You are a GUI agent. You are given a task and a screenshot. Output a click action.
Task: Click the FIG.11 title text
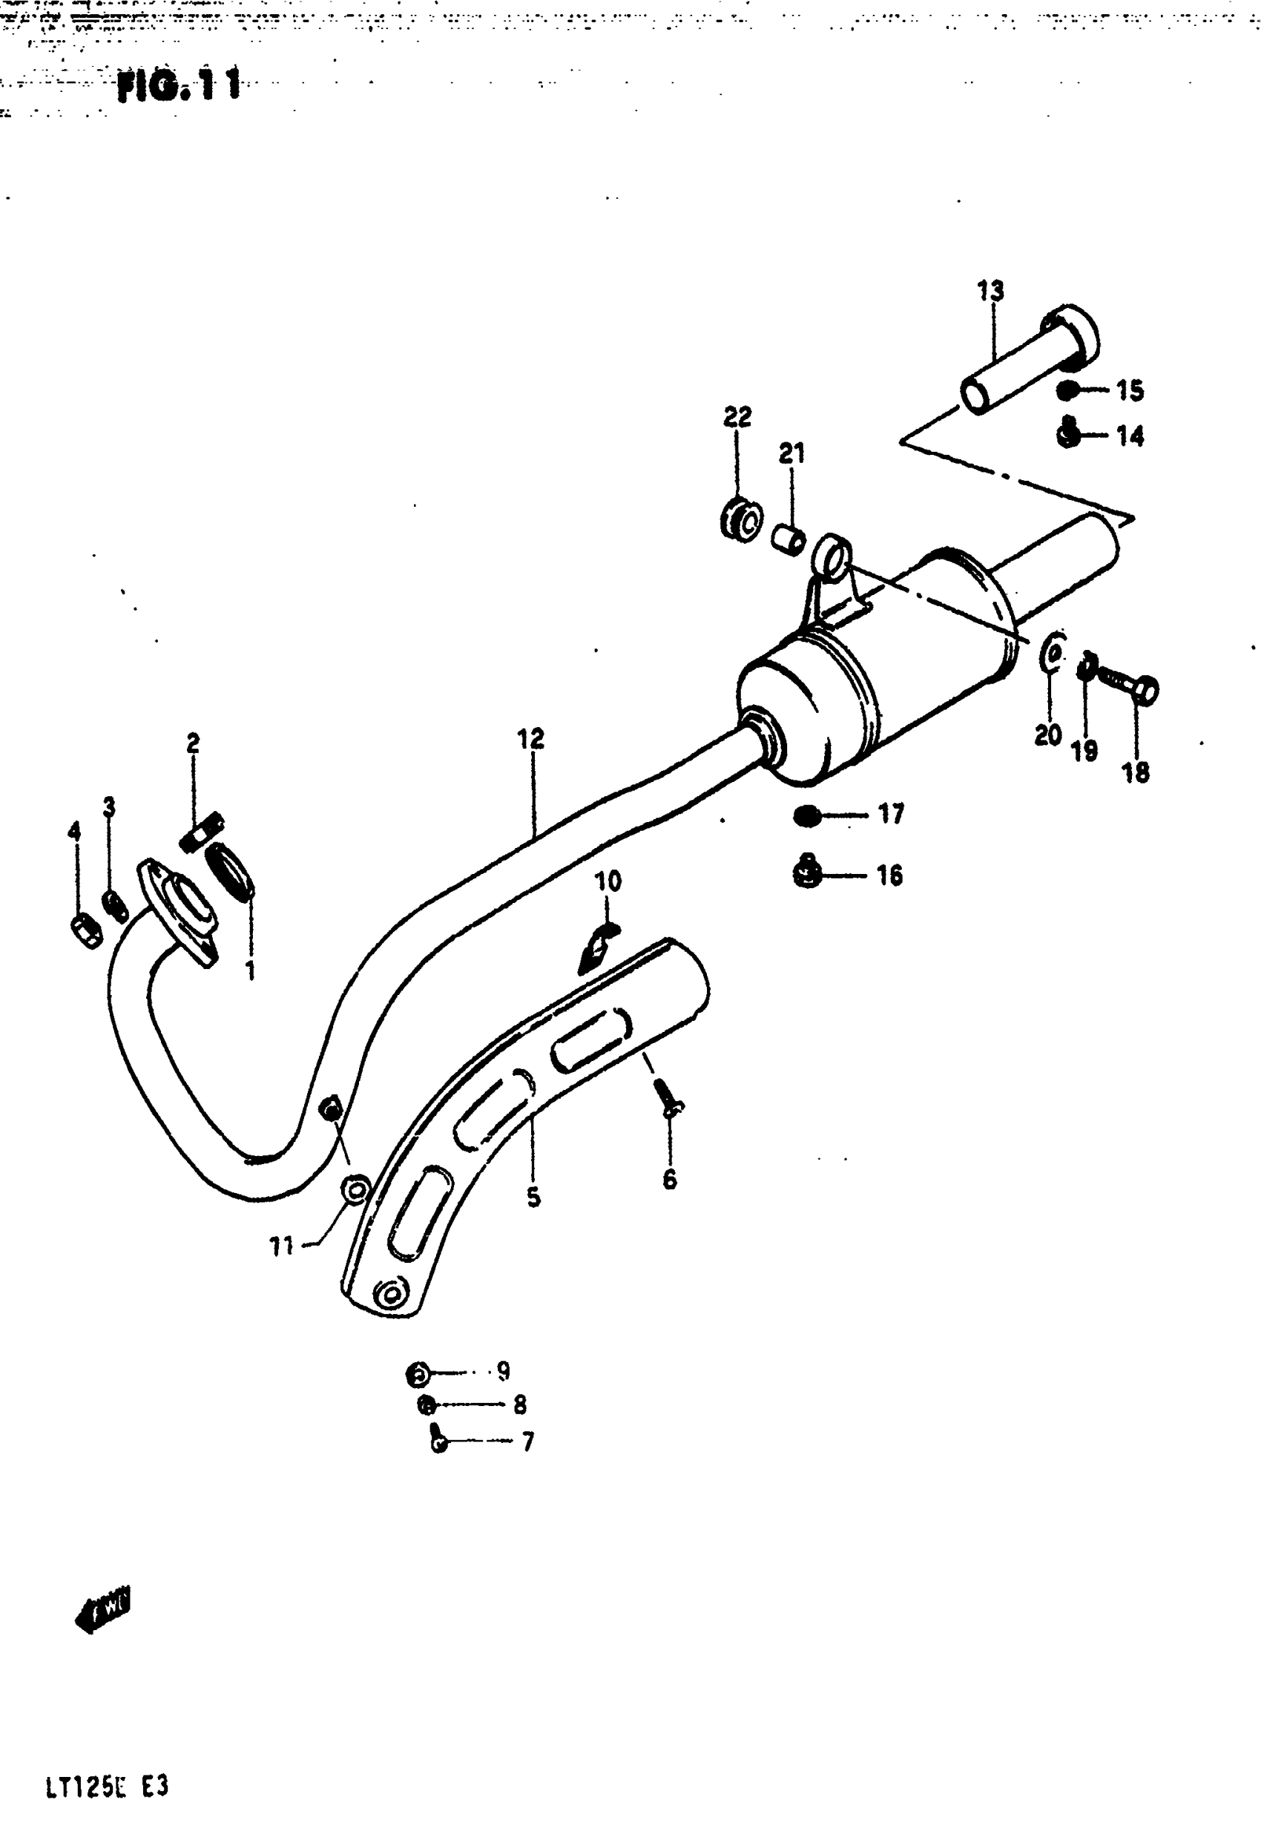(179, 85)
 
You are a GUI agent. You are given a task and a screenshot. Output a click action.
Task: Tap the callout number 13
(990, 291)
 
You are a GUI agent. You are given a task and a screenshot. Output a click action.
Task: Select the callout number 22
(737, 416)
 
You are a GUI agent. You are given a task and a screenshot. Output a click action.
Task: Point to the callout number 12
(530, 738)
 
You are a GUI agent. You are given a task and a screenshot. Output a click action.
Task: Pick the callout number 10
(608, 881)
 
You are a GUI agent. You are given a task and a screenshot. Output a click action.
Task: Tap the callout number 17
(891, 814)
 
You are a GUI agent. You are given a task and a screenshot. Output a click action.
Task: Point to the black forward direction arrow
(104, 1605)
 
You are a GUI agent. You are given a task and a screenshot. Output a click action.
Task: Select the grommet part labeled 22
(742, 520)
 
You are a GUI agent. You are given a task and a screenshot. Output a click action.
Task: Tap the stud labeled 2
(203, 832)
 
